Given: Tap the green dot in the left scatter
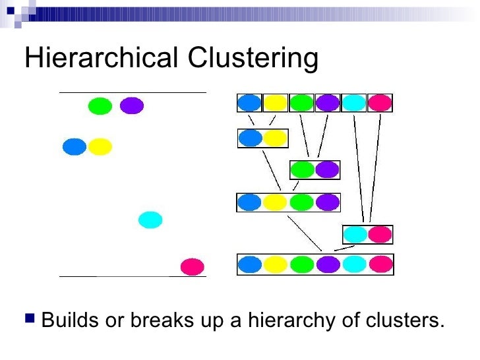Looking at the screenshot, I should tap(100, 105).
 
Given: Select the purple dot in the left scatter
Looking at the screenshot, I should tap(132, 105).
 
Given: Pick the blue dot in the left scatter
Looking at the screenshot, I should tap(75, 146).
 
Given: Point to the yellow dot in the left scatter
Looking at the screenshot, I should tap(100, 146).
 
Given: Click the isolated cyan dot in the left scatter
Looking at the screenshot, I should tap(150, 220).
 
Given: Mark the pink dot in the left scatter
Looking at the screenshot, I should tap(193, 266).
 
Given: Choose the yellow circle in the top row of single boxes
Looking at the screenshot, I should tap(276, 103).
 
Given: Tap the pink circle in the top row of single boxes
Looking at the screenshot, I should tap(380, 103).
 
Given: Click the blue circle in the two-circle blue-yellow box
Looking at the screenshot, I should tap(250, 138).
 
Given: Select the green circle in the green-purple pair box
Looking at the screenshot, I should tap(302, 169).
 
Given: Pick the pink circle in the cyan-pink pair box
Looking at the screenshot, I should tap(380, 234).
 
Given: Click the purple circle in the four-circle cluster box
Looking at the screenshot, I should tap(327, 202).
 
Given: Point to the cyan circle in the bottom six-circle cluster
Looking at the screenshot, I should tap(355, 264).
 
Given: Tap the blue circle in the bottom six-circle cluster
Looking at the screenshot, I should tap(250, 264).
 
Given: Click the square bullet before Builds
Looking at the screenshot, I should tap(29, 321).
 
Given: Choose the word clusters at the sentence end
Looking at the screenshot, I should tap(404, 321).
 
